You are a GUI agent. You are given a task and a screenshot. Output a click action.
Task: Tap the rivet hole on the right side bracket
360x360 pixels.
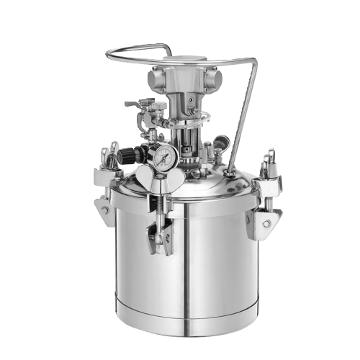pos(266,223)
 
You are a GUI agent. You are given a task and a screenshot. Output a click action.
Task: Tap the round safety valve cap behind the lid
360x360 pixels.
pos(222,140)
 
